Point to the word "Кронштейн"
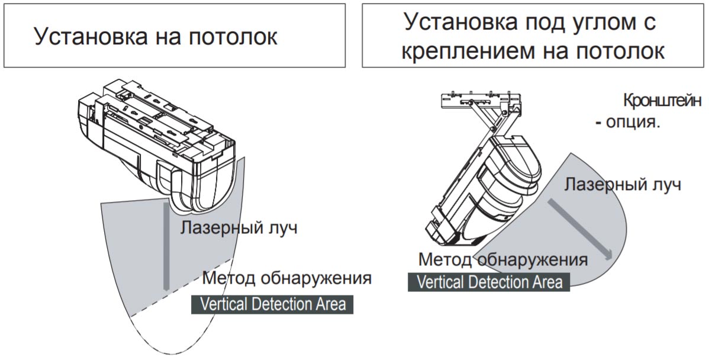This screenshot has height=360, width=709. (662, 101)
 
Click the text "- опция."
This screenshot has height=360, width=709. (627, 122)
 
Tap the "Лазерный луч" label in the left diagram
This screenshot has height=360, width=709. (239, 227)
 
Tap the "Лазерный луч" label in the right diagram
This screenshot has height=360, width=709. (622, 185)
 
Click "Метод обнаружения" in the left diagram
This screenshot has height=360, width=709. (286, 277)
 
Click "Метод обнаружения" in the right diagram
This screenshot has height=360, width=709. (503, 259)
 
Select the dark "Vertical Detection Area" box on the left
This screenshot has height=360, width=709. (272, 304)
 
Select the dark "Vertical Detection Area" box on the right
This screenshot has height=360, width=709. (489, 282)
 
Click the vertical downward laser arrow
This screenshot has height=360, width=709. (166, 246)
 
